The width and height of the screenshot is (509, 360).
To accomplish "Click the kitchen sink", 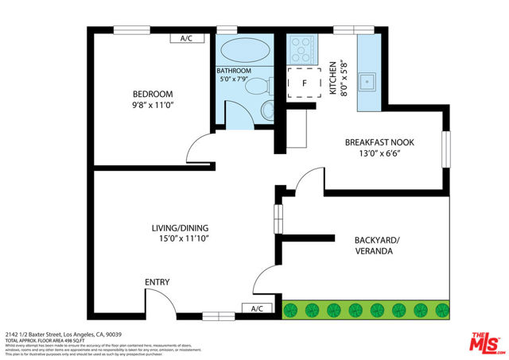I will point(367,80).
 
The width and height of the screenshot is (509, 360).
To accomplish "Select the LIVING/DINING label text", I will point(180,226).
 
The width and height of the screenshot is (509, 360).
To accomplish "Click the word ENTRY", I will point(157,282).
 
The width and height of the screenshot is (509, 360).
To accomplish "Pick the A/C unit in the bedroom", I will point(187,38).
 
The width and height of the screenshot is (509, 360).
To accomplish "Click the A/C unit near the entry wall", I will point(258,308).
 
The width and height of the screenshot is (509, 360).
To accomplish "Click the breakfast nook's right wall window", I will point(445,149).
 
